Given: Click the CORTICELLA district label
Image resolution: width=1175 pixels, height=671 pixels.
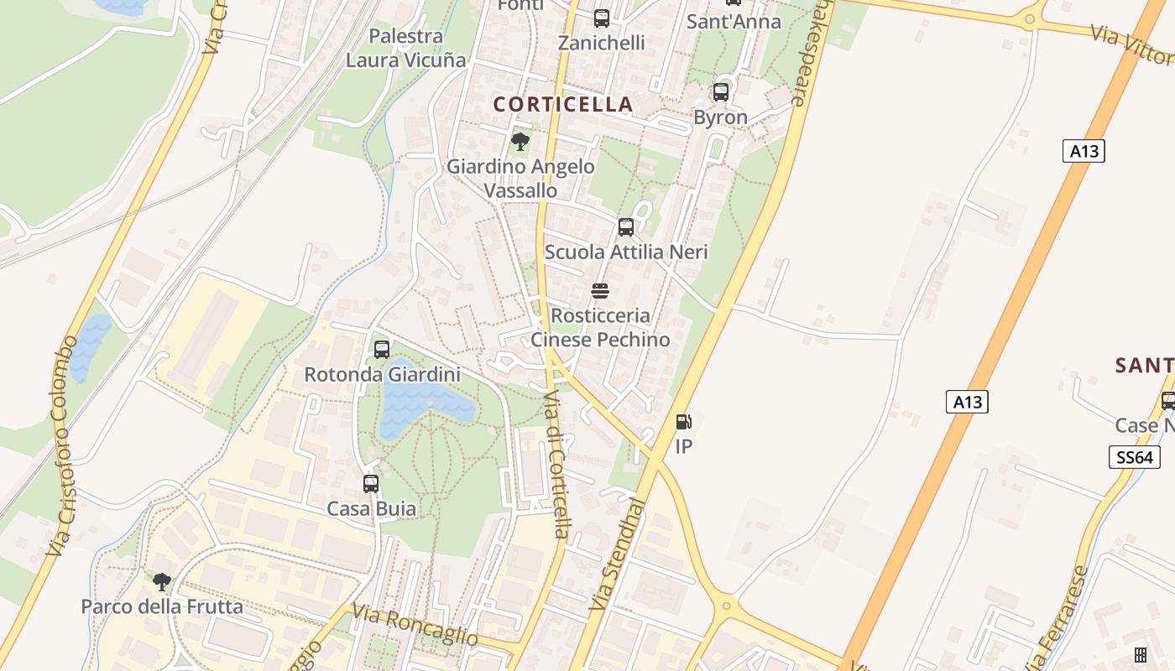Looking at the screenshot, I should tap(562, 104).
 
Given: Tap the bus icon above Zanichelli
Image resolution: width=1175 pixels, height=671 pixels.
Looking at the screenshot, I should tap(602, 18).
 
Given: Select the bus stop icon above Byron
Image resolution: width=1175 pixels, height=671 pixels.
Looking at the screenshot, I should tap(720, 92).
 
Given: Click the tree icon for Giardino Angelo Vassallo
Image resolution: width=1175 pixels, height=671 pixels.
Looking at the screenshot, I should tap(520, 141).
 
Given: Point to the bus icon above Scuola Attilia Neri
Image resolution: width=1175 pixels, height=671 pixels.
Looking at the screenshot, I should tap(626, 227).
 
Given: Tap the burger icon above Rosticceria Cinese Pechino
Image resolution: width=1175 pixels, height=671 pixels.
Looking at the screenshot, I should tap(600, 291).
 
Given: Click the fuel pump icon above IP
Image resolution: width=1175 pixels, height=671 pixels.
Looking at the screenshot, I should tap(684, 422).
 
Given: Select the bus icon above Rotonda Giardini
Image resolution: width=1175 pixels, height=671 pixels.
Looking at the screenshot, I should tap(382, 349).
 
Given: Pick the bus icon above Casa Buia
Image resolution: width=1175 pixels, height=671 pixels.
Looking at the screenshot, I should tap(371, 484).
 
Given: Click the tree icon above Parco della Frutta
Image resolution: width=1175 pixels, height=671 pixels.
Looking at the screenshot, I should tap(162, 581).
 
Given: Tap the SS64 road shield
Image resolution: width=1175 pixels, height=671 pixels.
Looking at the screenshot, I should tap(1134, 457).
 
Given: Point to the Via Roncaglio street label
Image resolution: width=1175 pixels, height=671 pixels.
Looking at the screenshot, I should tap(415, 626).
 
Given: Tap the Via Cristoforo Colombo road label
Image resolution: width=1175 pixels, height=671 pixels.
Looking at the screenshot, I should tap(63, 445).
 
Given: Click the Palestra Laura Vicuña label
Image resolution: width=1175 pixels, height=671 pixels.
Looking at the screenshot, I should tap(406, 48).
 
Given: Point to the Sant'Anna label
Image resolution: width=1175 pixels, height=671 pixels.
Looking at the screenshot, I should tap(734, 22).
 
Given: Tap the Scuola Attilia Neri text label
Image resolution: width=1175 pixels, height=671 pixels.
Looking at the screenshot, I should tap(626, 252).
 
